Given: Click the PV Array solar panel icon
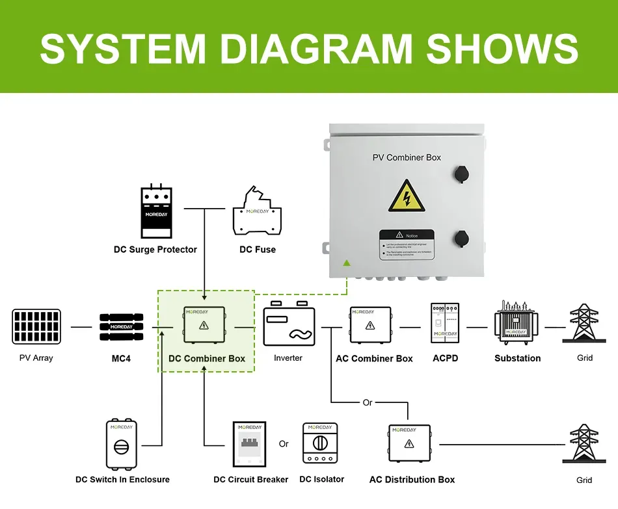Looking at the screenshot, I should tap(36, 326).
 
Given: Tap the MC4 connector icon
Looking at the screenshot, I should tap(121, 326).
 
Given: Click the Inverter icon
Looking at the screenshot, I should tap(288, 326).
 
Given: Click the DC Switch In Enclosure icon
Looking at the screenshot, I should tap(122, 445).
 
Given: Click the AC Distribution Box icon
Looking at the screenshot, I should tap(409, 443).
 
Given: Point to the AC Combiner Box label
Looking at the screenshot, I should tap(374, 358).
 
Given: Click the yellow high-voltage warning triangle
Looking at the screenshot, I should tap(407, 196).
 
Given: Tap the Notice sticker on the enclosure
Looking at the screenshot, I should tap(407, 244).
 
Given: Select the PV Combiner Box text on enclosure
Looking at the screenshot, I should tap(407, 157).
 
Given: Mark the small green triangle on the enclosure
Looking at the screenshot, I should tap(347, 263).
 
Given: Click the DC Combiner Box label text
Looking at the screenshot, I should tap(207, 358).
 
